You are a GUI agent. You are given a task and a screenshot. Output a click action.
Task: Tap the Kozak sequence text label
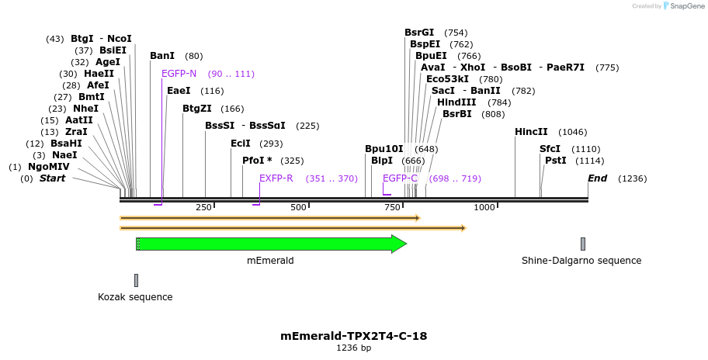(x=135, y=297)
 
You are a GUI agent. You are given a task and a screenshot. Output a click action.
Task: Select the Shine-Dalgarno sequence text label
(x=581, y=261)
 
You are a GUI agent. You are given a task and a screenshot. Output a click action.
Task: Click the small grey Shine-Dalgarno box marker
(x=582, y=244)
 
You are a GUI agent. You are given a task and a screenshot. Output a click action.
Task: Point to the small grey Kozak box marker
(x=136, y=280)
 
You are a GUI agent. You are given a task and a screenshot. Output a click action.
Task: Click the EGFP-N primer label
(x=179, y=74)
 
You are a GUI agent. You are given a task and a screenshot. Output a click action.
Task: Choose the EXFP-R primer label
(x=276, y=178)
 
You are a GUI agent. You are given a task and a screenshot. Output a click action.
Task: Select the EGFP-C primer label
(x=400, y=178)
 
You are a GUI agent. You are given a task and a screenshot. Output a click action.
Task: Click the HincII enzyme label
(x=531, y=132)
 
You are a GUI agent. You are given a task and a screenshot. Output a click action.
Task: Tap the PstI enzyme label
(x=555, y=161)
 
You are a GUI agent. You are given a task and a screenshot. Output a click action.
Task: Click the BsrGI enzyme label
(x=419, y=33)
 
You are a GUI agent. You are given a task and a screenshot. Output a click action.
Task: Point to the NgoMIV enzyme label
(x=49, y=167)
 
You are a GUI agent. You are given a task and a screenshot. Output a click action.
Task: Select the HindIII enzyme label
(x=452, y=102)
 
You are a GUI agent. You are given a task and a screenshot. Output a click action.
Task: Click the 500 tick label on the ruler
(x=298, y=207)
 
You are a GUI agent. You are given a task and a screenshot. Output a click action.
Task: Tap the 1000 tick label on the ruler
(x=484, y=207)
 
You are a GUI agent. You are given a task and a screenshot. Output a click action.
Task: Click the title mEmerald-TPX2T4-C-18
(x=353, y=336)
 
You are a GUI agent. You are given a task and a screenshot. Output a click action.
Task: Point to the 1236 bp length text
(x=353, y=348)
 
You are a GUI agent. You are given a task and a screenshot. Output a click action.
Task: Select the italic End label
(x=597, y=178)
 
